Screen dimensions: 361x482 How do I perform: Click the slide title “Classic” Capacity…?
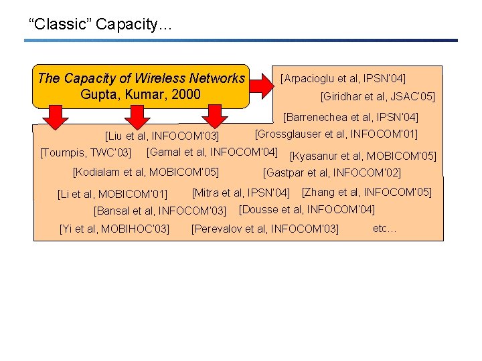click(100, 25)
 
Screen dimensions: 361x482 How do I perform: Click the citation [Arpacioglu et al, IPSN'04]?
click(343, 78)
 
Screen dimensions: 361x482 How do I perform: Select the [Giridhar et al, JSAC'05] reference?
click(378, 97)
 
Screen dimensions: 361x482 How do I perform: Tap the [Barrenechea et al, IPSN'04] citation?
click(351, 118)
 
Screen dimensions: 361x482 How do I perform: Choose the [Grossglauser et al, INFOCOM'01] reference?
click(336, 134)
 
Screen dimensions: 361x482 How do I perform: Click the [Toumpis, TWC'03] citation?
click(86, 154)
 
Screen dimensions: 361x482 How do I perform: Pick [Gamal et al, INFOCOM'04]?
click(212, 151)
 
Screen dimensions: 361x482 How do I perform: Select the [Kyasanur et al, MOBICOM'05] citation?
click(362, 156)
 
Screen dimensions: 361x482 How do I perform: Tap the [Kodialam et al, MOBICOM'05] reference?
click(145, 171)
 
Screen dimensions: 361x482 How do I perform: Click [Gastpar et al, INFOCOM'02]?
click(332, 173)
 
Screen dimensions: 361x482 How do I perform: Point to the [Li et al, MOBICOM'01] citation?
click(112, 195)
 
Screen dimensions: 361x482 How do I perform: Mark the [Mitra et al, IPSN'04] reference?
click(240, 193)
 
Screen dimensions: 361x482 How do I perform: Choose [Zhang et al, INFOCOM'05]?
click(367, 193)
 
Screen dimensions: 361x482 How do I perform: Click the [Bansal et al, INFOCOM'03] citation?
click(160, 211)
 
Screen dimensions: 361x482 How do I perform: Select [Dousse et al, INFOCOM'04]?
click(307, 209)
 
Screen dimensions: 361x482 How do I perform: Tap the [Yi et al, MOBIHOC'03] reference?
click(114, 229)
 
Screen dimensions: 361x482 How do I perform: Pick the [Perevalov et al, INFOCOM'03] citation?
click(265, 229)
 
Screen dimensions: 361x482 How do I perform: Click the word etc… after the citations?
click(385, 228)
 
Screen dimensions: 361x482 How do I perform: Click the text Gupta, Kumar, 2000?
click(141, 94)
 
